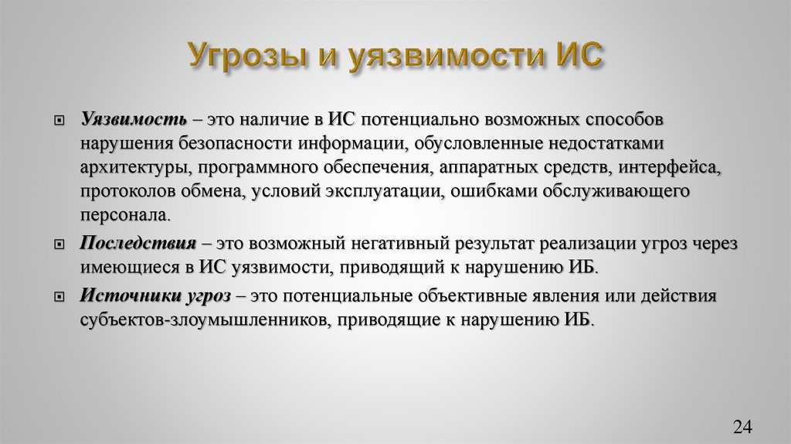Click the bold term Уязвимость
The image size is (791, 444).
133,121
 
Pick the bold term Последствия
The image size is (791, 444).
137,242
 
